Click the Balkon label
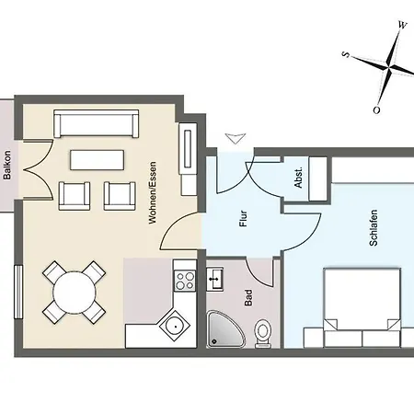point(7,165)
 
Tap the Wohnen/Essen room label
point(153,192)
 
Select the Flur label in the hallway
point(243,218)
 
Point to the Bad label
point(248,298)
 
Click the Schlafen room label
point(374,228)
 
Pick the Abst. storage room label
point(298,178)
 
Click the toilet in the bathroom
point(263,334)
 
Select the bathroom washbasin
point(214,279)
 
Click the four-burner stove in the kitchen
point(185,281)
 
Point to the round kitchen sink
point(176,326)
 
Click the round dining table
point(75,293)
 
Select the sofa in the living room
point(96,123)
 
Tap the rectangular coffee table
point(98,160)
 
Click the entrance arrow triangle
point(236,138)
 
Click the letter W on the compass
point(402,25)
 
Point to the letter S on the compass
point(346,54)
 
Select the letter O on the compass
point(376,110)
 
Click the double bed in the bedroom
point(362,307)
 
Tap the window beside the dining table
point(18,292)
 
